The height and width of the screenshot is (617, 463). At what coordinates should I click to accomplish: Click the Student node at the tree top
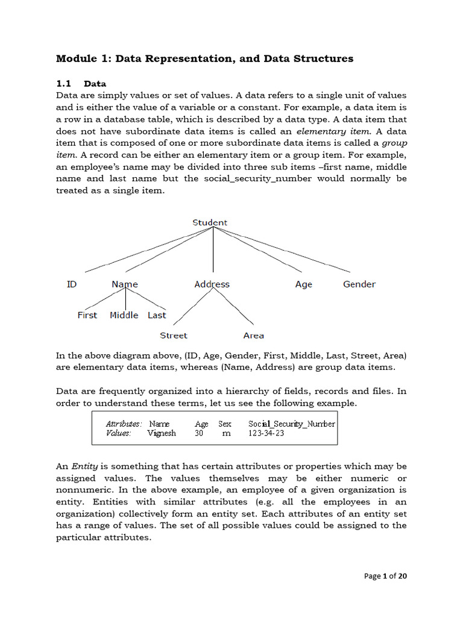[210, 222]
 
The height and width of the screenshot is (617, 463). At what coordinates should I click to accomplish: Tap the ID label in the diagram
[72, 284]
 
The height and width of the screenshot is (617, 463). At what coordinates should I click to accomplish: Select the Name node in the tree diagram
[125, 284]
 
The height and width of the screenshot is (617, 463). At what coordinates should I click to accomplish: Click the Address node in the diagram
[212, 284]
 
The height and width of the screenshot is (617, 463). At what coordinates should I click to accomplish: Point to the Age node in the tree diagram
[304, 284]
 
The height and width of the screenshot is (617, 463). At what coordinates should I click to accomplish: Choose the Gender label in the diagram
[359, 284]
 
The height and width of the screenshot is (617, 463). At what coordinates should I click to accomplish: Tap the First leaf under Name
[87, 315]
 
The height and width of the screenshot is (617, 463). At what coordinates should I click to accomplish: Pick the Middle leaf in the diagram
[124, 315]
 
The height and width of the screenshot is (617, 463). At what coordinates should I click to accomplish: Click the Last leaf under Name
[157, 315]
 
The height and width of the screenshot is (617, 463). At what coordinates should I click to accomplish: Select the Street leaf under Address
[174, 336]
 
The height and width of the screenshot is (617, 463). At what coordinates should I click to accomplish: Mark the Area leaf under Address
[253, 336]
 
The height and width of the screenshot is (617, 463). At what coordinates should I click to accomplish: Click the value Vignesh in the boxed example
[162, 433]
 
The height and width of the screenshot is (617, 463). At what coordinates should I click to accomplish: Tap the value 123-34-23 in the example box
[266, 433]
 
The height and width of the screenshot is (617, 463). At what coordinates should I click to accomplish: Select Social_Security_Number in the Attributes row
[292, 424]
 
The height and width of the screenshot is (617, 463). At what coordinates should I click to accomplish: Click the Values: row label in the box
[119, 433]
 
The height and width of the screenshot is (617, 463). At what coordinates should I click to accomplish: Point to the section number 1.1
[64, 84]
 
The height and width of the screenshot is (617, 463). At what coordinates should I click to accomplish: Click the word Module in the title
[76, 58]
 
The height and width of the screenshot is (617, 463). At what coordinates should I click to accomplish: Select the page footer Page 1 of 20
[386, 576]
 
